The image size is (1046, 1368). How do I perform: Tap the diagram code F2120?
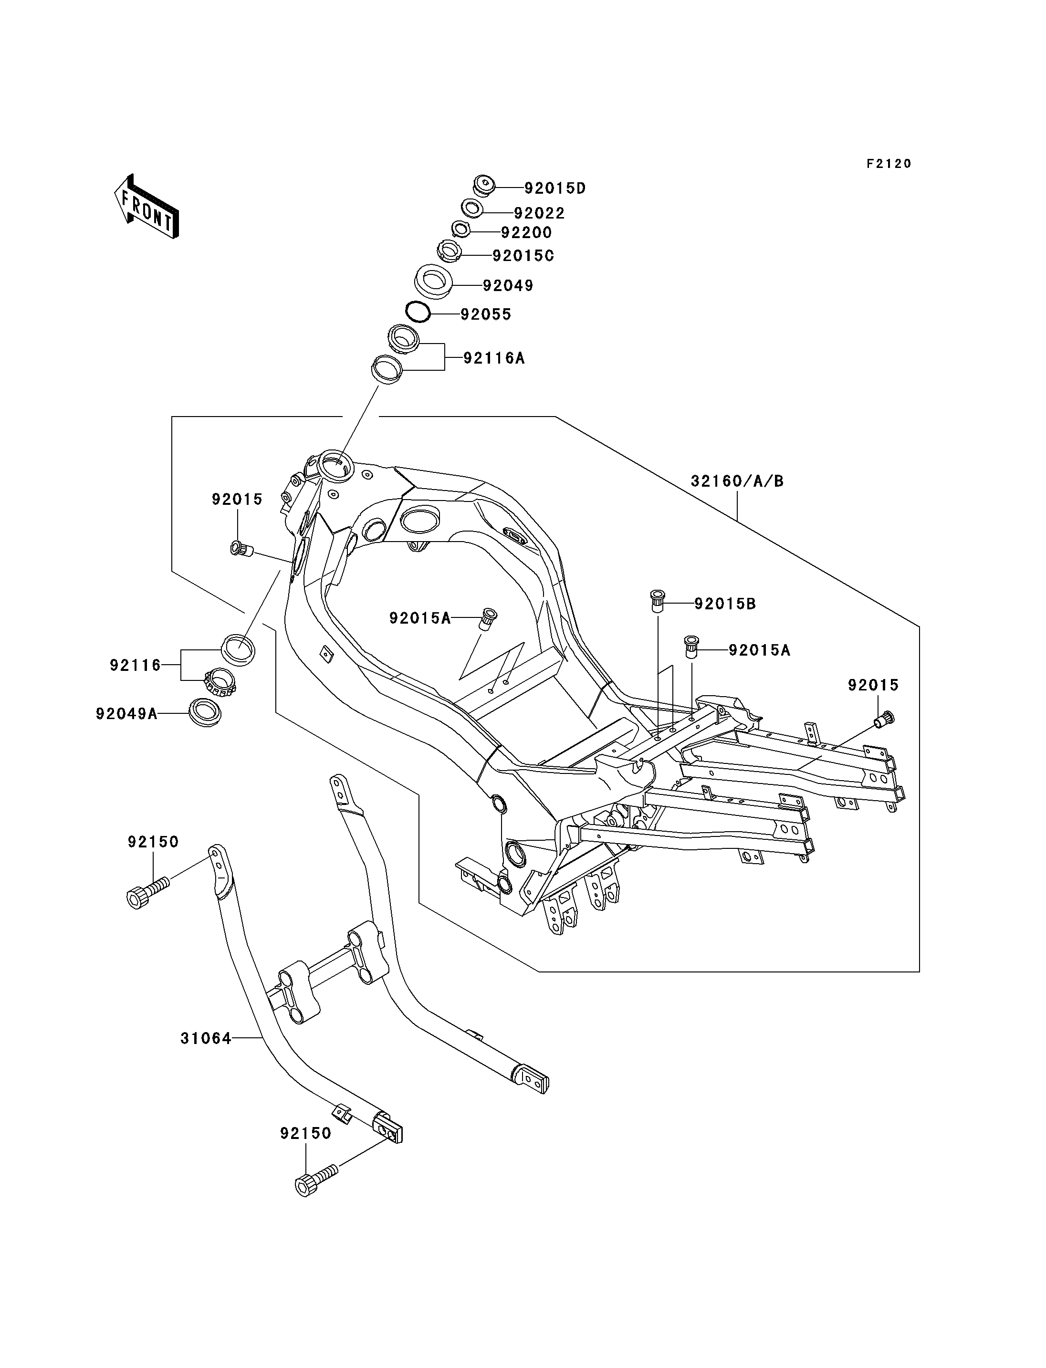pos(889,164)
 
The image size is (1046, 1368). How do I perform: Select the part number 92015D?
pos(555,188)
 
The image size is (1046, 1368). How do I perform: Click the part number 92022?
pos(539,214)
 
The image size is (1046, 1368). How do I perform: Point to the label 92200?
pos(527,233)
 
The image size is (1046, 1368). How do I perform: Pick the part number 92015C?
pos(523,256)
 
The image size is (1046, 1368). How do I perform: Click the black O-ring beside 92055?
pos(418,311)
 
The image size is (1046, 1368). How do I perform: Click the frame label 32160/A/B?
pos(737,481)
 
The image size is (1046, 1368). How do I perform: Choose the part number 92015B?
pos(725,604)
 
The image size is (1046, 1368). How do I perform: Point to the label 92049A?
pos(126,713)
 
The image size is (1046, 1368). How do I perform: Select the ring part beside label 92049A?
pos(206,712)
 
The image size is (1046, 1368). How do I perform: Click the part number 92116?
pos(135,665)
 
